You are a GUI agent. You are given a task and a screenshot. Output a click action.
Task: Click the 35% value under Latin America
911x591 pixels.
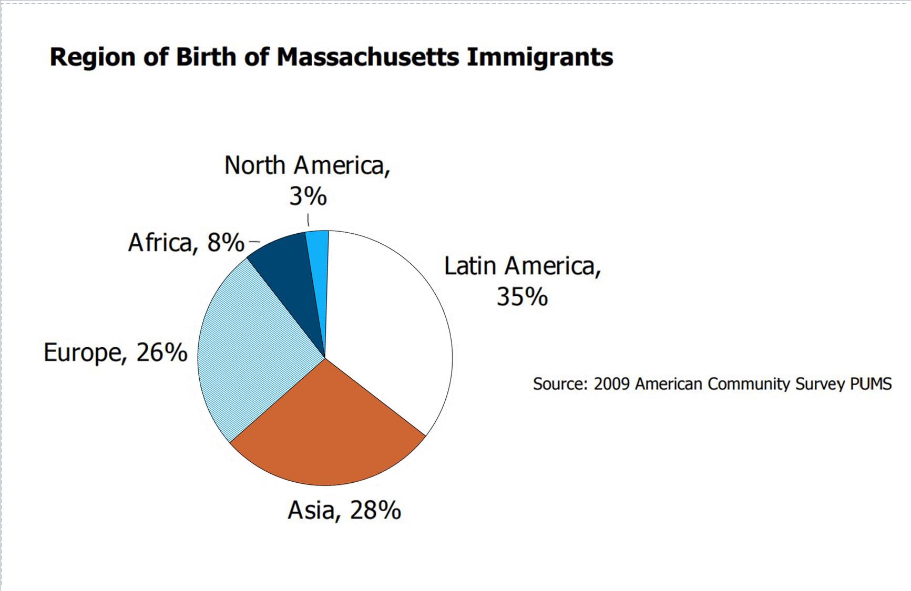(x=522, y=297)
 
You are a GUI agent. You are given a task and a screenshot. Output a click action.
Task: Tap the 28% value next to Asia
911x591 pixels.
(x=375, y=510)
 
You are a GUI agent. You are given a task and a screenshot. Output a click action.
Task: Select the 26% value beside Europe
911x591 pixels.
(x=161, y=352)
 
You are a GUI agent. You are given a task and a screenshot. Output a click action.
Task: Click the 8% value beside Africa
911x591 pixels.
(x=226, y=243)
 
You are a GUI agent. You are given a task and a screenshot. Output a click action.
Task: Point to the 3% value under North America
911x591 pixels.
(x=308, y=196)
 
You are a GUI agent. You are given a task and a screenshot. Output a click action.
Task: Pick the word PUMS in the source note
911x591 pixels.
(x=871, y=384)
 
